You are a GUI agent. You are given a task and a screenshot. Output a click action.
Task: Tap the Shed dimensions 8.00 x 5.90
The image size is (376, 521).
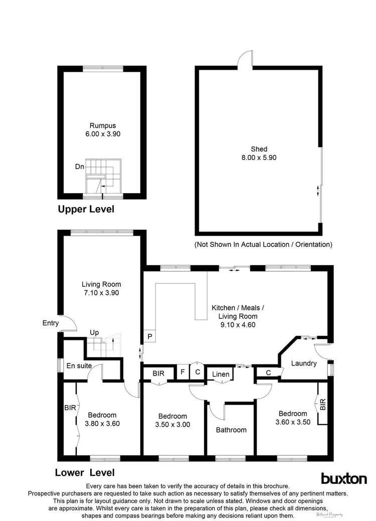[259, 157]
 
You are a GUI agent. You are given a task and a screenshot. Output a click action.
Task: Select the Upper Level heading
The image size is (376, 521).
[86, 209]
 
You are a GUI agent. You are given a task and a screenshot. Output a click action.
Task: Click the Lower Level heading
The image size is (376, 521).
[85, 472]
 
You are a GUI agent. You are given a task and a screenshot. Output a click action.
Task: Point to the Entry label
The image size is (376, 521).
[51, 324]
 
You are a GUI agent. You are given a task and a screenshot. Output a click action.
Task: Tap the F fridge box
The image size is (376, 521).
[183, 373]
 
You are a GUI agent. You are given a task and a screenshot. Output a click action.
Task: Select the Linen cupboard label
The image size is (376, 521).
[221, 374]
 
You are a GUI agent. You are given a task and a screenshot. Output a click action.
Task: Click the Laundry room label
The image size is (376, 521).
[304, 363]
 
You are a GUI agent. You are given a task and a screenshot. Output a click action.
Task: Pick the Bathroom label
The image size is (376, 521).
[231, 430]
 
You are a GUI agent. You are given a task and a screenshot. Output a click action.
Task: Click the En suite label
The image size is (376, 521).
[79, 366]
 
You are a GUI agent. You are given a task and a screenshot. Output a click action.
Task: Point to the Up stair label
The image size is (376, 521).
[94, 332]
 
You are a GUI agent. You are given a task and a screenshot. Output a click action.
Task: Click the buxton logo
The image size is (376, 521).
[343, 478]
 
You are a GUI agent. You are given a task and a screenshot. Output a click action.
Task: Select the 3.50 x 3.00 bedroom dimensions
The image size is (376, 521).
[172, 425]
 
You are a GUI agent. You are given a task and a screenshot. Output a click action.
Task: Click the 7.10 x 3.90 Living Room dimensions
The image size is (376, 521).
[101, 293]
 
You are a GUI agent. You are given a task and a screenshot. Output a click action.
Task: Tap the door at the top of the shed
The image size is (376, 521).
[246, 60]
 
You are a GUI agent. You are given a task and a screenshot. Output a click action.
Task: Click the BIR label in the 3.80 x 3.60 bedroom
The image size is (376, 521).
[70, 408]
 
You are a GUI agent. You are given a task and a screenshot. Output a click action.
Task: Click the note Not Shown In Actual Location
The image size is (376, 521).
[263, 245]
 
